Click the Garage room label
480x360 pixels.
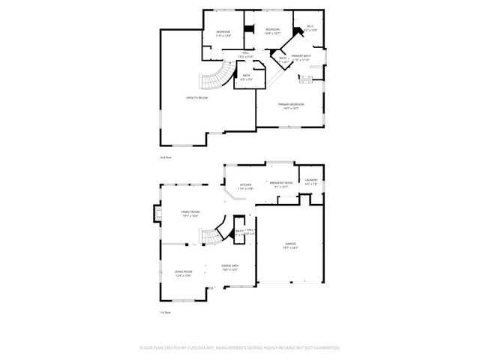(289, 244)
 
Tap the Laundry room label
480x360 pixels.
(311, 180)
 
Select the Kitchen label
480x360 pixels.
(246, 184)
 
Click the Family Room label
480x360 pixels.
(190, 212)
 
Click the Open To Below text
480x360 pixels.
(197, 97)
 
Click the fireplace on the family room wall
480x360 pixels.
(157, 214)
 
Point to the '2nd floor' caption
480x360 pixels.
(166, 157)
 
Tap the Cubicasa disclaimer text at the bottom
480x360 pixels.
(240, 347)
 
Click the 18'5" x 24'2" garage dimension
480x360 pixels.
(289, 247)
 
